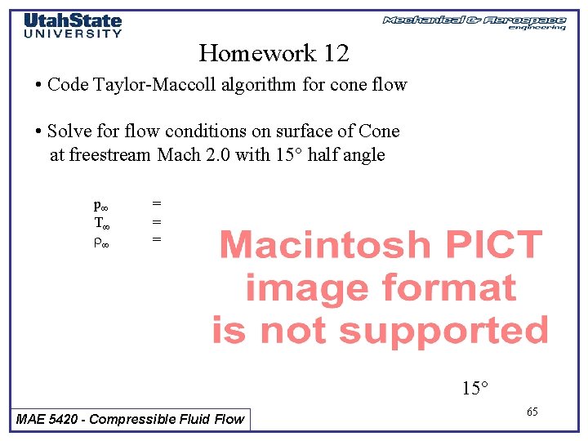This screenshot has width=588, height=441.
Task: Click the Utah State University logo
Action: (73, 25)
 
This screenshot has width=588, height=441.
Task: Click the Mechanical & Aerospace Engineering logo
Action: (474, 22)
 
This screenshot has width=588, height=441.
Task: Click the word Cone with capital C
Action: (379, 131)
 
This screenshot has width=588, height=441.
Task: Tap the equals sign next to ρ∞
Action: (157, 239)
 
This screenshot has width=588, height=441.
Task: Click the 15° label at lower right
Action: (475, 388)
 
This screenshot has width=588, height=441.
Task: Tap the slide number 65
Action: (532, 412)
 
